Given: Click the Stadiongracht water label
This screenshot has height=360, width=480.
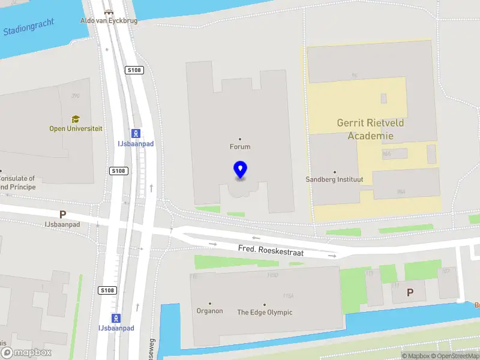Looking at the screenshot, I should point(28,27).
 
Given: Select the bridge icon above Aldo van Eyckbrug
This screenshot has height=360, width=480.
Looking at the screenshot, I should point(108,11).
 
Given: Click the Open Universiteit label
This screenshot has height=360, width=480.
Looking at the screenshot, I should point(76,128).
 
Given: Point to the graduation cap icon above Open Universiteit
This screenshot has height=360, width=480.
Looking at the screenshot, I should point(76,119).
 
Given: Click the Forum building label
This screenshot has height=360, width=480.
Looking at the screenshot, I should point(240,146).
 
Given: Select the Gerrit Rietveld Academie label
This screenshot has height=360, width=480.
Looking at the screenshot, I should point(370,129).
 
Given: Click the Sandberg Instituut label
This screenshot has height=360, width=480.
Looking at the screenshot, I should point(335,179).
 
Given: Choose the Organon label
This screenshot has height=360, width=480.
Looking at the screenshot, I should point(209,311).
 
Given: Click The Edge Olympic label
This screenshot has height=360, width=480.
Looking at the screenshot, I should point(265,312).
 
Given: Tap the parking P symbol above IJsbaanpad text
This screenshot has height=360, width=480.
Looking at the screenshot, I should point(62,214).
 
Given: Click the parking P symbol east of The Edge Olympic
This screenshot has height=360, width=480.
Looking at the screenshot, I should point(410,292).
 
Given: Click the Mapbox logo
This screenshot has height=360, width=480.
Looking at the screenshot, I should point(26,353).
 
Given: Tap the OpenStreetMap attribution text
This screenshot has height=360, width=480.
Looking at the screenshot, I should point(456,356).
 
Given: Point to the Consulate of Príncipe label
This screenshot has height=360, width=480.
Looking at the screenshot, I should point(17,182).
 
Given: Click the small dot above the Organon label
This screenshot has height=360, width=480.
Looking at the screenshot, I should point(209,304).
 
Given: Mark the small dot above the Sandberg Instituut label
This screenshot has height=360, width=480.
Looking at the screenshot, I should point(335,172).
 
